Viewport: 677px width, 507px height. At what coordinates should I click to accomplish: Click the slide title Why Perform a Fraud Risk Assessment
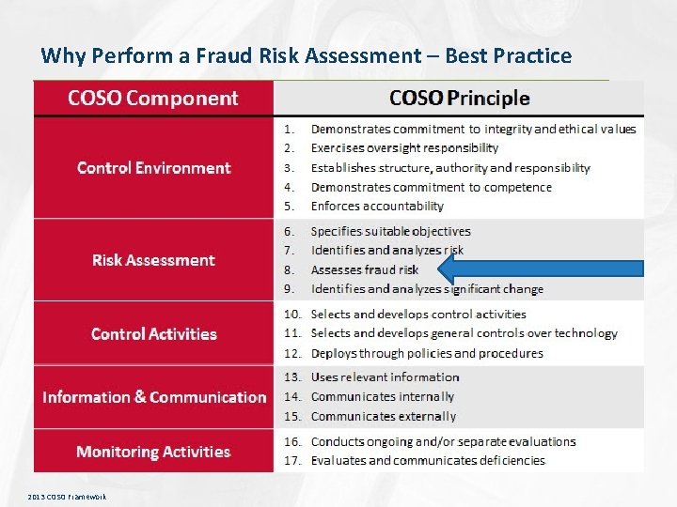click(306, 55)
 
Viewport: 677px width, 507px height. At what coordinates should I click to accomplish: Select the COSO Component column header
click(153, 98)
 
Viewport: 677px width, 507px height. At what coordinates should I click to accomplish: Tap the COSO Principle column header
click(459, 98)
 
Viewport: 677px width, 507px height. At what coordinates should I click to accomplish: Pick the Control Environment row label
click(153, 168)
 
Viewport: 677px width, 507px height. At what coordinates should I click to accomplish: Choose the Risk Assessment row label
click(153, 260)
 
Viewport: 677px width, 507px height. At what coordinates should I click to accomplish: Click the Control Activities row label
click(153, 334)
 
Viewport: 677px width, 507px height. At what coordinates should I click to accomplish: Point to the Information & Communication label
click(154, 397)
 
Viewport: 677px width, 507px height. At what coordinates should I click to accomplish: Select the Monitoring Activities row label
click(153, 452)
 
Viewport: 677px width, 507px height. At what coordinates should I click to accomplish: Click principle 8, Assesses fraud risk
click(364, 270)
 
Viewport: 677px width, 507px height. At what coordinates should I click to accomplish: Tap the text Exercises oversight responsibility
click(404, 148)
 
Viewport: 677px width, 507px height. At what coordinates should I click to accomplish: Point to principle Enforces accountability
click(376, 207)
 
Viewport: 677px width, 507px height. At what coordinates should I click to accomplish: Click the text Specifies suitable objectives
click(390, 231)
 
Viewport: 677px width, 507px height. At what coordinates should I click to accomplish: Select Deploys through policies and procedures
click(427, 354)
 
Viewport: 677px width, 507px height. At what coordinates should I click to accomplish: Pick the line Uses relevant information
click(385, 377)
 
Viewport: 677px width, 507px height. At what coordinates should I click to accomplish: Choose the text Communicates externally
click(383, 417)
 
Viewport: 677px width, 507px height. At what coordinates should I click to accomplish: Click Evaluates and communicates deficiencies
click(428, 461)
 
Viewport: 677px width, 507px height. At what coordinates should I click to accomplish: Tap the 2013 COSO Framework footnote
click(67, 496)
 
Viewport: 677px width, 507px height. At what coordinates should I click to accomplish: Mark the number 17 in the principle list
click(291, 461)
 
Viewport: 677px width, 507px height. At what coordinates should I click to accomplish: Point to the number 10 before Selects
click(291, 315)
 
